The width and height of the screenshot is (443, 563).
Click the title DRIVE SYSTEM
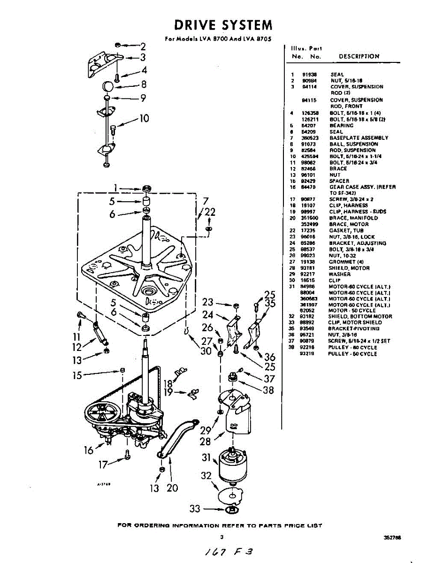222,24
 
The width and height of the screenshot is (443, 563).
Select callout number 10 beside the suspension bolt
144,118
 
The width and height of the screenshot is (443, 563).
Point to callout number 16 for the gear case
89,450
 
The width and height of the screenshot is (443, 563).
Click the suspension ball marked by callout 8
108,87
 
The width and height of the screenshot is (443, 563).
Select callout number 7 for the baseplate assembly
205,202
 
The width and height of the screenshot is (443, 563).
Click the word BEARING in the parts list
342,126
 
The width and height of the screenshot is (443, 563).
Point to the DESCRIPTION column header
359,56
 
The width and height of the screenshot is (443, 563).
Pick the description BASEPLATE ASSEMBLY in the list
359,138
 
